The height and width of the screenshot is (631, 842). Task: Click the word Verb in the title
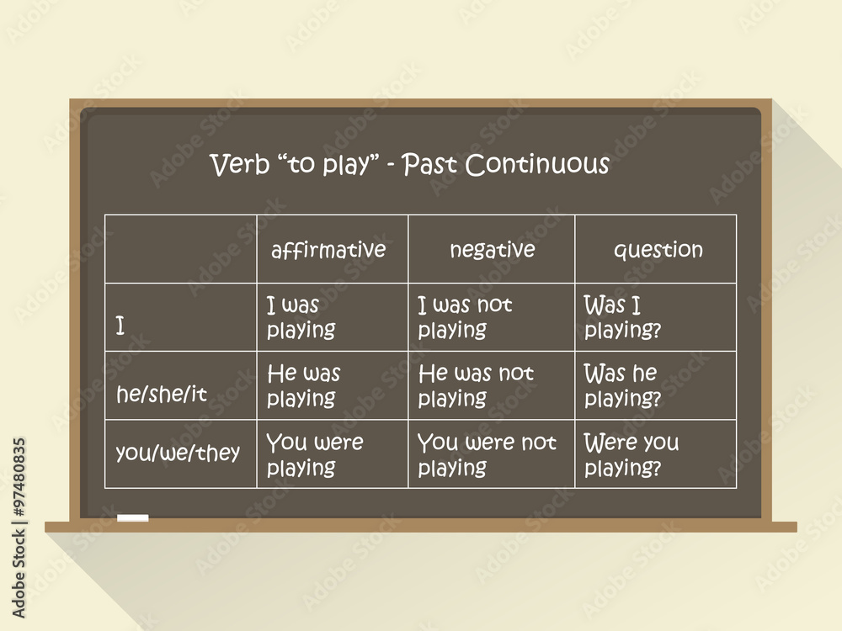(x=239, y=164)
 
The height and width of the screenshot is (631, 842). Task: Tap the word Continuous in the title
(x=537, y=164)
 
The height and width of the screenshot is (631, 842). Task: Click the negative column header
(x=492, y=249)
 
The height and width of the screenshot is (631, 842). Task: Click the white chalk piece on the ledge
(x=133, y=517)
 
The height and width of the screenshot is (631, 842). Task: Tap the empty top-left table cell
(x=181, y=249)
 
